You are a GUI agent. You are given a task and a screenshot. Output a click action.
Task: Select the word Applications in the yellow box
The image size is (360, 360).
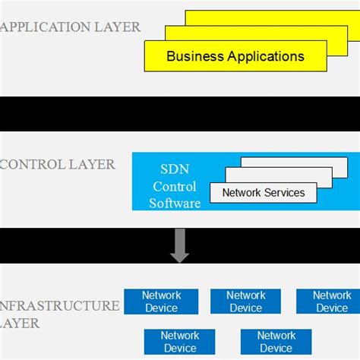(x=265, y=56)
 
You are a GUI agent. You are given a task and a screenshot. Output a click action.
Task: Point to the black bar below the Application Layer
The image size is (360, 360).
(x=180, y=113)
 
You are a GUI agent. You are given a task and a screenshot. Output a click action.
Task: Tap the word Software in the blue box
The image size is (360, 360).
(x=175, y=203)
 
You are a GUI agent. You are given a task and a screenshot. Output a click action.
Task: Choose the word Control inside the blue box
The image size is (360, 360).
(x=175, y=187)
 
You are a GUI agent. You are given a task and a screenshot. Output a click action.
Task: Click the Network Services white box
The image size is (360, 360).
(x=263, y=193)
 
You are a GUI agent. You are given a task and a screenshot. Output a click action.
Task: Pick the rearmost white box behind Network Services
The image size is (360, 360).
(x=304, y=161)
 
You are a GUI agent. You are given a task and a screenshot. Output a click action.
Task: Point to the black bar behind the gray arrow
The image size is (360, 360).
(x=91, y=245)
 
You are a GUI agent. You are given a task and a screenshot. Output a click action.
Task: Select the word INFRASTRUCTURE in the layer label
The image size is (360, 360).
(x=60, y=306)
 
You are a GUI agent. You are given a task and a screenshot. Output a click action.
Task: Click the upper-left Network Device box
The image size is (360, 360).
(x=161, y=302)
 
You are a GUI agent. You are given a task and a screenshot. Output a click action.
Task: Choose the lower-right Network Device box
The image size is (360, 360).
(x=276, y=342)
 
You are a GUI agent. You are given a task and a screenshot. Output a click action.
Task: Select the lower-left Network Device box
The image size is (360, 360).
(x=180, y=342)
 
